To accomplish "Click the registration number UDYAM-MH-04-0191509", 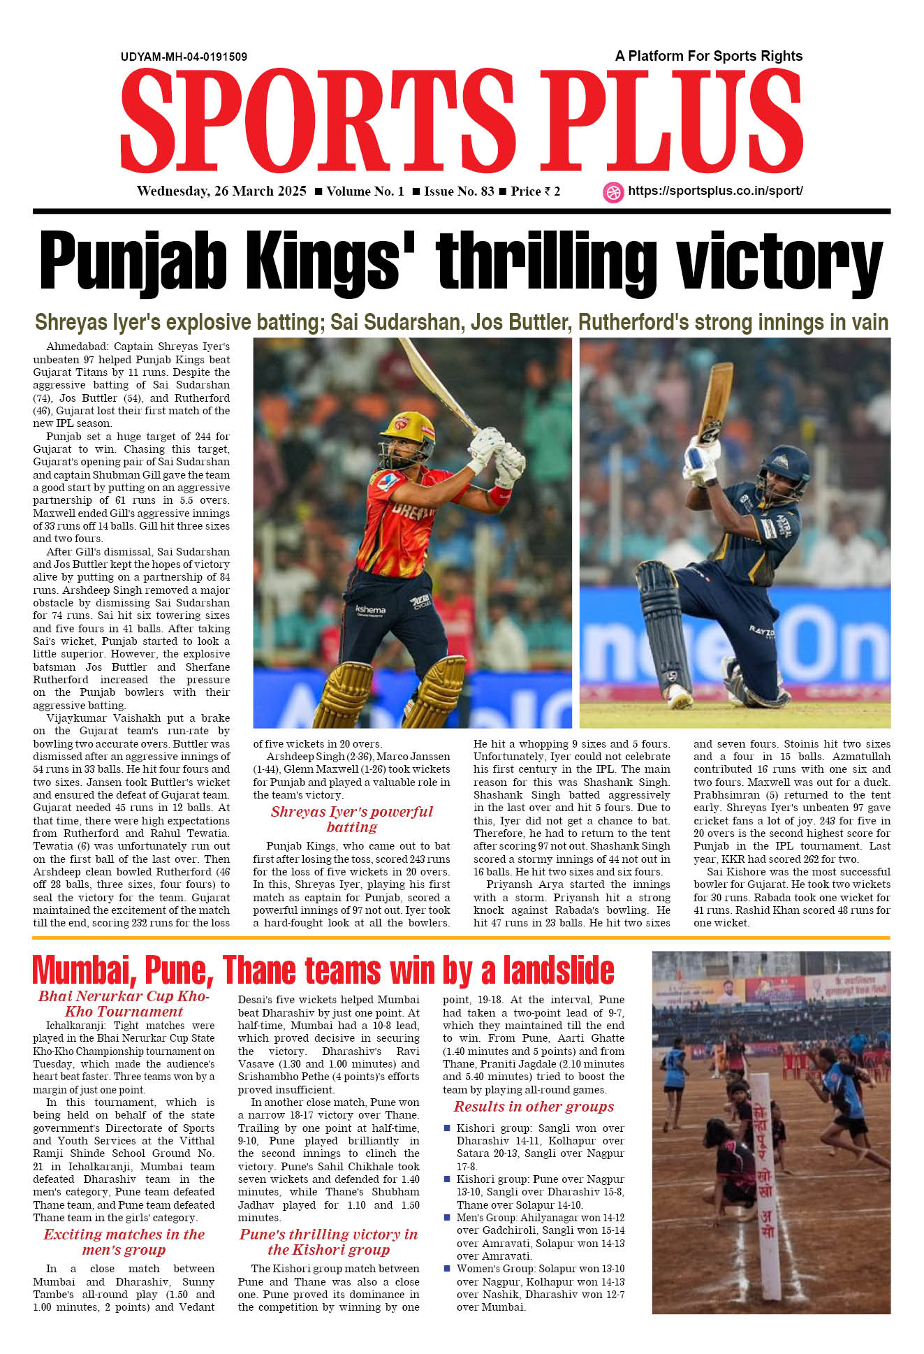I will pyautogui.click(x=184, y=57).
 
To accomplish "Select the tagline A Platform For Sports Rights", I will pyautogui.click(x=708, y=56).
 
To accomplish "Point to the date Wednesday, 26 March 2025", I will pyautogui.click(x=221, y=191).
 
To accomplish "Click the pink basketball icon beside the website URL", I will pyautogui.click(x=613, y=192).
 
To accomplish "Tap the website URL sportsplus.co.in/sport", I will pyautogui.click(x=715, y=191).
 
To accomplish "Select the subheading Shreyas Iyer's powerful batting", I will pyautogui.click(x=351, y=819).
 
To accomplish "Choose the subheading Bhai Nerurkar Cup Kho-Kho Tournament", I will pyautogui.click(x=124, y=1003).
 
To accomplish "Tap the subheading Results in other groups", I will pyautogui.click(x=534, y=1106).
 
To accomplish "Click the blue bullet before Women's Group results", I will pyautogui.click(x=447, y=1268).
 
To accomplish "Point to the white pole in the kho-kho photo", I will pyautogui.click(x=766, y=1188).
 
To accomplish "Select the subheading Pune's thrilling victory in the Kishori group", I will pyautogui.click(x=328, y=1242).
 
